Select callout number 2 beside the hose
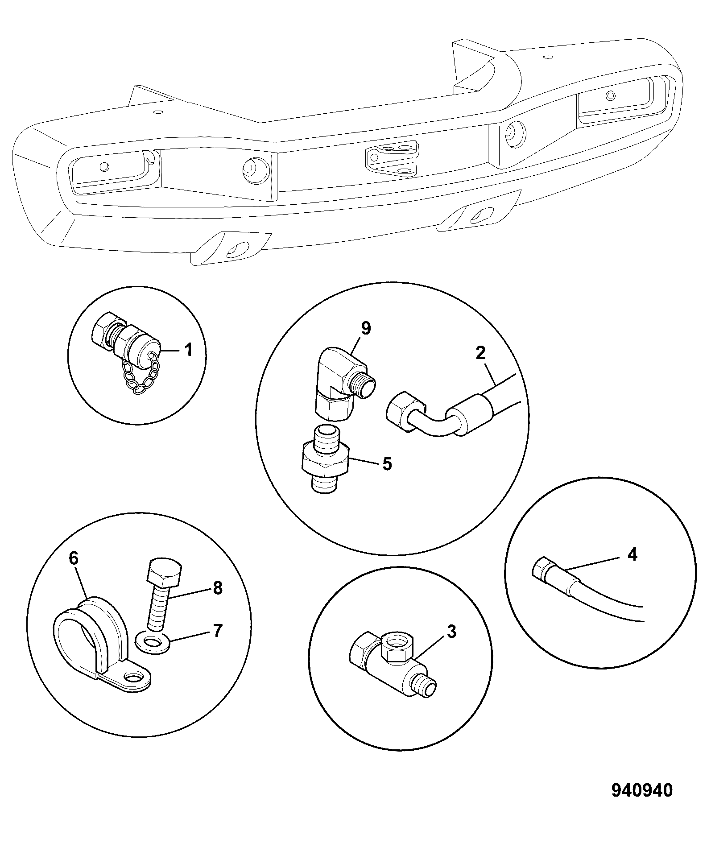pos(480,353)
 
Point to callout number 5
pos(387,464)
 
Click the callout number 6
pos(74,558)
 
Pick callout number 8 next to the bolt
pos(217,588)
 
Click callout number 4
pos(632,554)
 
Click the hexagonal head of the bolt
pos(164,571)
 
